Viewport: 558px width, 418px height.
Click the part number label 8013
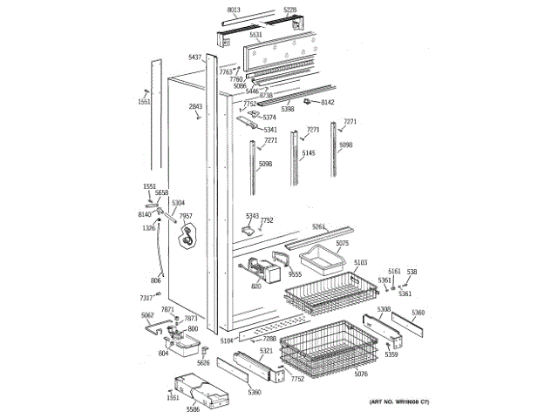[233, 10]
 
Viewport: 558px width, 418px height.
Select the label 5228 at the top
[290, 10]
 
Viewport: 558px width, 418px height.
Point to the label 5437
[195, 57]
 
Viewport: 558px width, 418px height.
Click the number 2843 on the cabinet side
[195, 106]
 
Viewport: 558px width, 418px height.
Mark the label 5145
[307, 153]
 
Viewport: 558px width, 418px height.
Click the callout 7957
[185, 216]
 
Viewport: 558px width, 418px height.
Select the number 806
[156, 280]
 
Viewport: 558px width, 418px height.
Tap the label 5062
[147, 314]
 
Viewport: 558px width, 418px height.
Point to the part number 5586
[193, 408]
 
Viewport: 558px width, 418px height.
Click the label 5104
[228, 340]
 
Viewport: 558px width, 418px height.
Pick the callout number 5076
[361, 374]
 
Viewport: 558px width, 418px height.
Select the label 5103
[361, 261]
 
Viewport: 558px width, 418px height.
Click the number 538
[412, 272]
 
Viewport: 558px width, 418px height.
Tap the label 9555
[295, 274]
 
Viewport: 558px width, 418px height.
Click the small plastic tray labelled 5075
[321, 259]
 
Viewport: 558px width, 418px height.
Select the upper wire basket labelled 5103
[323, 292]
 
